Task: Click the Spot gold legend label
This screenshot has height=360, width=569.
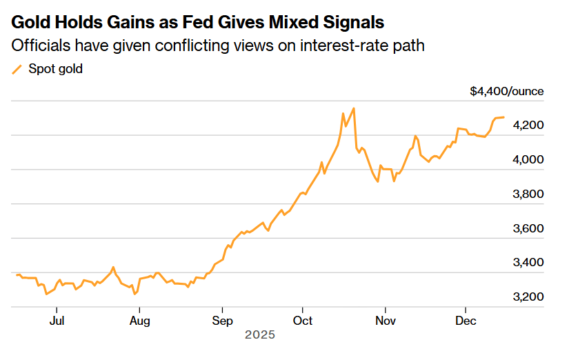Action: (55, 69)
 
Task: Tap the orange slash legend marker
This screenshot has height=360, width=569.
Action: (17, 69)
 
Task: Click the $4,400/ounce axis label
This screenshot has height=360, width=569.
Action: (507, 91)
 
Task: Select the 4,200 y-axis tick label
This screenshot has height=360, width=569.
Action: (529, 125)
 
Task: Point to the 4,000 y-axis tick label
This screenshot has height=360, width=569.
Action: (529, 159)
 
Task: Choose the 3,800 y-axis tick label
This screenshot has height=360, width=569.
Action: (529, 194)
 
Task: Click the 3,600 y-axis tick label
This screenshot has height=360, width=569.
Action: (529, 228)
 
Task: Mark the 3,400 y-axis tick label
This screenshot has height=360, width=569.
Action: (529, 263)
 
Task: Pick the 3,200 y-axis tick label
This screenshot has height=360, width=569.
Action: (529, 297)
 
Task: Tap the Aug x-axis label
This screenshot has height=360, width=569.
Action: (139, 321)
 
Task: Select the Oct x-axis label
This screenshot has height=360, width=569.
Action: (303, 321)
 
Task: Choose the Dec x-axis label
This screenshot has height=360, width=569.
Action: (466, 321)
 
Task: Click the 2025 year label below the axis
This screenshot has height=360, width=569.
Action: (260, 335)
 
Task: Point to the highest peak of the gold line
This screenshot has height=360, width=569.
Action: (353, 108)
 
